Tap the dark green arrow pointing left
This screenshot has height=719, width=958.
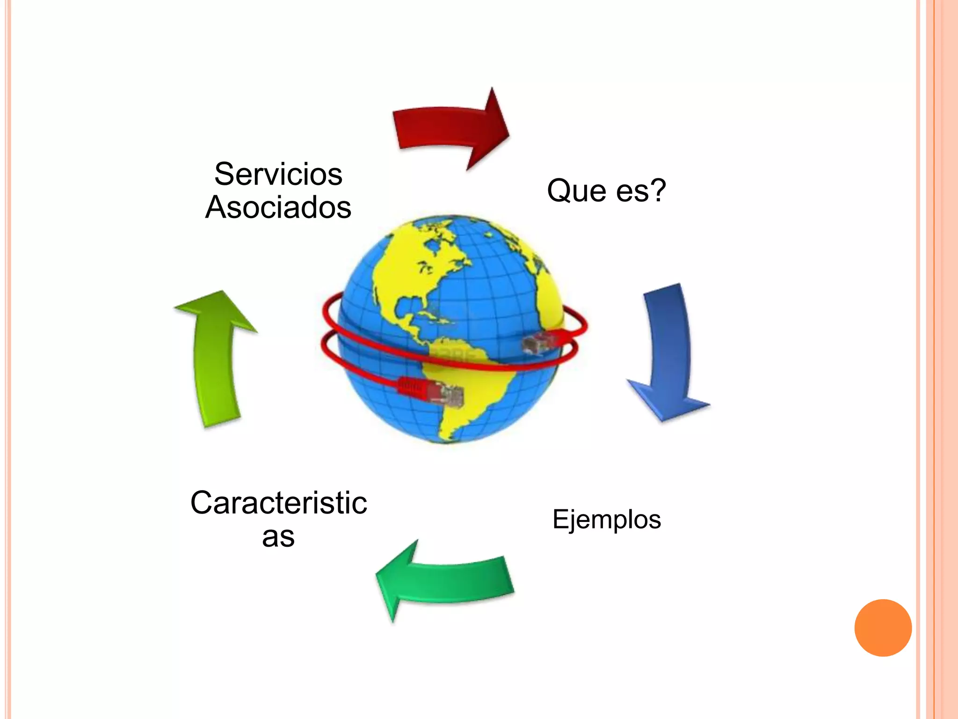[x=444, y=580]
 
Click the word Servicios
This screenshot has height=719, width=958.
[x=278, y=174]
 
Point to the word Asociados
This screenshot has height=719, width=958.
[x=278, y=207]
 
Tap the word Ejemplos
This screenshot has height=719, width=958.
[x=607, y=520]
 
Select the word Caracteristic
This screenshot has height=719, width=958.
[x=278, y=503]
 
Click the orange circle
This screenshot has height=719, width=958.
[x=883, y=628]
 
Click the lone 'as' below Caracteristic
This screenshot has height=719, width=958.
[x=278, y=537]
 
